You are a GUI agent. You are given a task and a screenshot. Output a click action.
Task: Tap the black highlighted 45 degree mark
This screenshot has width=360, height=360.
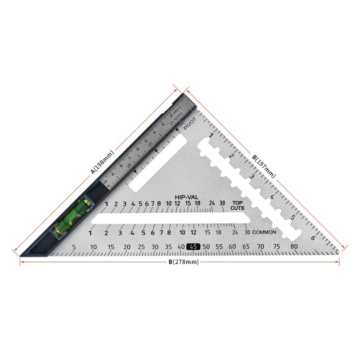[194, 247]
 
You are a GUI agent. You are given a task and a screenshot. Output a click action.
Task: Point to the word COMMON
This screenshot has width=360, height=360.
[264, 232]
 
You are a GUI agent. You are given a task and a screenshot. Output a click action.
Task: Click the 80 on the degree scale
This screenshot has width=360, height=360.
[294, 247]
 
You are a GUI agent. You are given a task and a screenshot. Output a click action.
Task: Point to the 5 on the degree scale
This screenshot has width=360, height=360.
[74, 247]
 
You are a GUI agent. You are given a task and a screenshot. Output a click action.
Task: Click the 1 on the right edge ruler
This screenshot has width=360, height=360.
[211, 135]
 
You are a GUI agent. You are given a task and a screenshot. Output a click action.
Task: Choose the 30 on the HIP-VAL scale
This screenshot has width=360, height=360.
[222, 203]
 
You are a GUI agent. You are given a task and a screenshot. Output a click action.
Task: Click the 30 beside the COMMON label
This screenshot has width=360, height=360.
[247, 232]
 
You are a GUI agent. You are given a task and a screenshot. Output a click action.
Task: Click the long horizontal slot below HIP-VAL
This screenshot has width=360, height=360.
[166, 219]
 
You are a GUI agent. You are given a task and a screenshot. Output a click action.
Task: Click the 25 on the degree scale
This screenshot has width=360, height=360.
[141, 247]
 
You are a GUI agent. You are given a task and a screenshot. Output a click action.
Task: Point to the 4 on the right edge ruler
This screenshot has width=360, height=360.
[272, 197]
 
